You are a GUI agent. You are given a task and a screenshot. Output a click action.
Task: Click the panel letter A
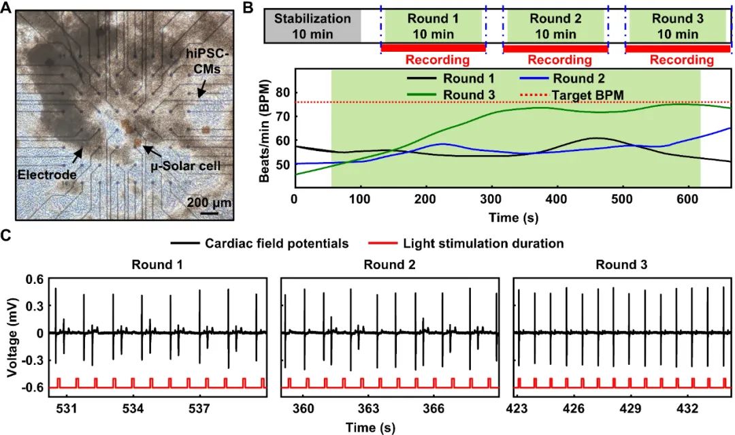[x=6, y=7]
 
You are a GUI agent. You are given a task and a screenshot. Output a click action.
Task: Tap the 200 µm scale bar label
[x=209, y=202]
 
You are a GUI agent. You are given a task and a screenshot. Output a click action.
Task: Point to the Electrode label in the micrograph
[x=47, y=175]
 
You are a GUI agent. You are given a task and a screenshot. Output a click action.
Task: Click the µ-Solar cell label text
[x=185, y=166]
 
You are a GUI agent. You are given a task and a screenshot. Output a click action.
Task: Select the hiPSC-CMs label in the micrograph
[x=207, y=61]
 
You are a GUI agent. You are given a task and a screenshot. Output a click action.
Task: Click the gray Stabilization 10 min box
[x=312, y=27]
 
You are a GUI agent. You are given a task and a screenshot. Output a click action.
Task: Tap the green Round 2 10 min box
[x=555, y=27]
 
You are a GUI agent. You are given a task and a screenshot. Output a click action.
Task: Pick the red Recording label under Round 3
[x=681, y=59]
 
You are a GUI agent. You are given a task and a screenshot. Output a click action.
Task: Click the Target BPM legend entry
[x=571, y=95]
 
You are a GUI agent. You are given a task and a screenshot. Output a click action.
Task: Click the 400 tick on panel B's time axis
[x=557, y=199]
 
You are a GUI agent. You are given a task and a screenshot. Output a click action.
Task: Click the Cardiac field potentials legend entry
[x=260, y=243]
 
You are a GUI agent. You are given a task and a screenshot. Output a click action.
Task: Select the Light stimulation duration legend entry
[x=466, y=243]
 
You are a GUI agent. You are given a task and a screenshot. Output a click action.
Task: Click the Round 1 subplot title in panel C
[x=157, y=265]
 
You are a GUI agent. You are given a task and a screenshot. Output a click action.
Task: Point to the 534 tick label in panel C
[x=133, y=408]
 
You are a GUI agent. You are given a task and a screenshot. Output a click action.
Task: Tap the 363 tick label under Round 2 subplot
[x=368, y=408]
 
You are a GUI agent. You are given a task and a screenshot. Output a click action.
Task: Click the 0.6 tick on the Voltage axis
[x=34, y=279]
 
